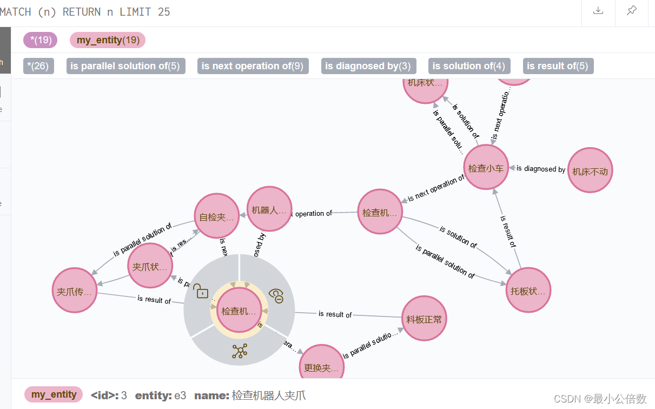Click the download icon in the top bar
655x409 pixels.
click(598, 11)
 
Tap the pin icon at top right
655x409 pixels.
click(631, 11)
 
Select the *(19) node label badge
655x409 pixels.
click(40, 40)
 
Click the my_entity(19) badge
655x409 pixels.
click(108, 40)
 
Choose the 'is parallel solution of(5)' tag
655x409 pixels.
click(125, 66)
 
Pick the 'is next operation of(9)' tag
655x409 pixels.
click(253, 66)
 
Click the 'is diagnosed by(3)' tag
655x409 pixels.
click(368, 66)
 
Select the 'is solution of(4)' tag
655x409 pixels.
click(468, 66)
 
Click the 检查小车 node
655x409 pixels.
click(486, 168)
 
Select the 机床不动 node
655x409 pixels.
click(590, 171)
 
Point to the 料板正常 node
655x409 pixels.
click(424, 319)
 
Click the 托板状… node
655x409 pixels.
click(528, 291)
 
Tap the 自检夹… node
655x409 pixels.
click(216, 216)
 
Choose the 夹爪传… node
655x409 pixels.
click(74, 291)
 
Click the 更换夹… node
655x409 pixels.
click(321, 367)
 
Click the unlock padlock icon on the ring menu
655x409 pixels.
click(201, 292)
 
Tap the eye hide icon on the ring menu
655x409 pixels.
click(276, 295)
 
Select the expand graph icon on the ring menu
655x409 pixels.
click(239, 351)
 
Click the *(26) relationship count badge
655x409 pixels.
click(38, 66)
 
